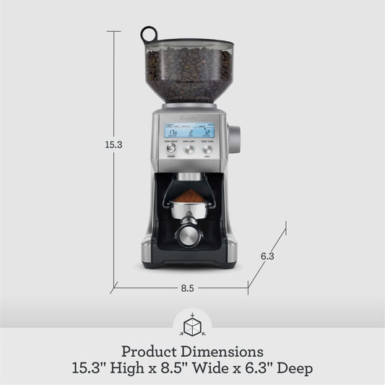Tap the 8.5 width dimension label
pos(187,288)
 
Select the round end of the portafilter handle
pos(187,236)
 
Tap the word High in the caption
pos(142,369)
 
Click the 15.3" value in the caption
pos(93,369)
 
